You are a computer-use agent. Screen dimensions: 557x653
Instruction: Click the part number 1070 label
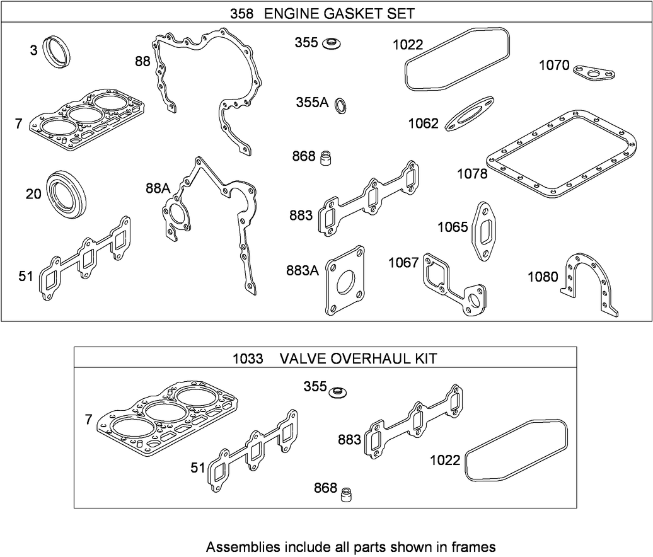(x=554, y=65)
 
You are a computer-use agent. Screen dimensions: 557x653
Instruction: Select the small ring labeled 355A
(x=341, y=106)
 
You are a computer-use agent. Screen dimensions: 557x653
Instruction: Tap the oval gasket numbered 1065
(x=486, y=230)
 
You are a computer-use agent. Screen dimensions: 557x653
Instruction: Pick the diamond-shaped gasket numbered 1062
(x=470, y=113)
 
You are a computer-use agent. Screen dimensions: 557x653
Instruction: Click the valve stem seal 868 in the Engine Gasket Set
(x=326, y=157)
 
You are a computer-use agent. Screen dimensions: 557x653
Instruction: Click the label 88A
(x=158, y=188)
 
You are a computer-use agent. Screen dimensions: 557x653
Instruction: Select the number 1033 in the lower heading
(x=248, y=359)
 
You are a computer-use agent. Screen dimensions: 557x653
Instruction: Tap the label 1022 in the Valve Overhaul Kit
(x=445, y=461)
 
